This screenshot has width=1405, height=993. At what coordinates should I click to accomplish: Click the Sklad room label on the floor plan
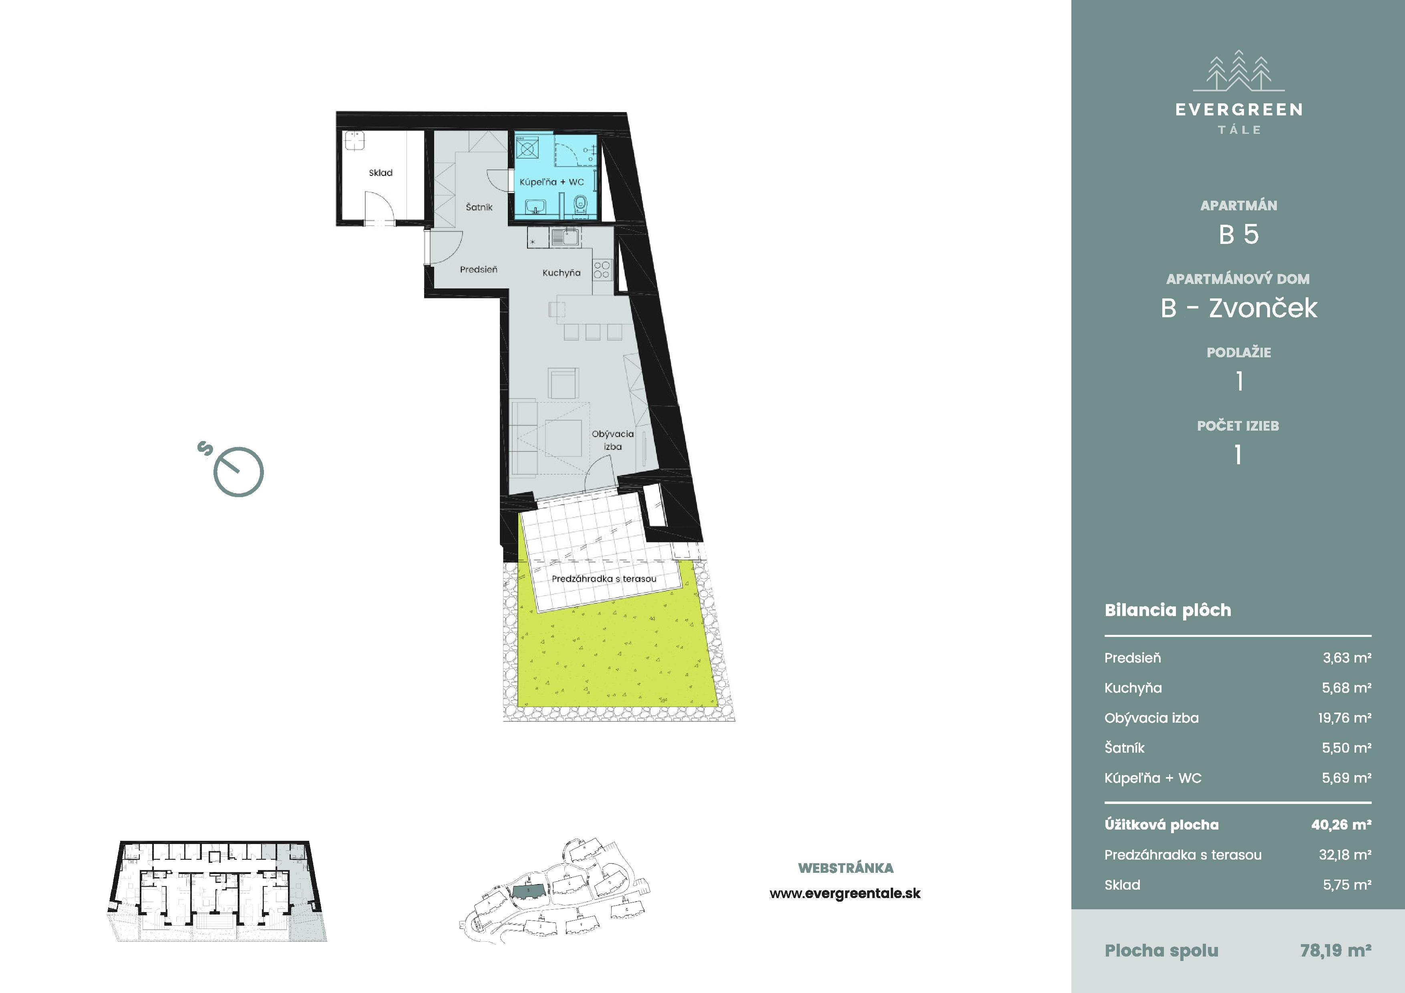tap(380, 173)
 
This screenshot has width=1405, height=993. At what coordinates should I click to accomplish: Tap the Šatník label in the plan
tap(479, 207)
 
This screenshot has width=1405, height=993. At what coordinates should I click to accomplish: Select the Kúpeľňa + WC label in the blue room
tap(552, 182)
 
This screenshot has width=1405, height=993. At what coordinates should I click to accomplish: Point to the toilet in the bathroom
tap(580, 204)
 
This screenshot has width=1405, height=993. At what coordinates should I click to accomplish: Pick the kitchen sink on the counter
tap(566, 237)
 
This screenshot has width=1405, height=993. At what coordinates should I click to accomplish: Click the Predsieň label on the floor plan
tap(479, 269)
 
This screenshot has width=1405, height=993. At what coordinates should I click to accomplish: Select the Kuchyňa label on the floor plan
tap(561, 273)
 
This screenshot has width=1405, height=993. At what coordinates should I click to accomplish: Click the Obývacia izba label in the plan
tap(612, 440)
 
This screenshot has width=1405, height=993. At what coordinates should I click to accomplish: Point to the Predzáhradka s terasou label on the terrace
tap(604, 579)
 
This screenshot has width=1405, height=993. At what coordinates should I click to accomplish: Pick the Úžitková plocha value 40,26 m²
tap(1341, 825)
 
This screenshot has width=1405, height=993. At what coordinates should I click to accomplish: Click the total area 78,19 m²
tap(1336, 950)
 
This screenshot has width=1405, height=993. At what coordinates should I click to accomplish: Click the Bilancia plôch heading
tap(1167, 610)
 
